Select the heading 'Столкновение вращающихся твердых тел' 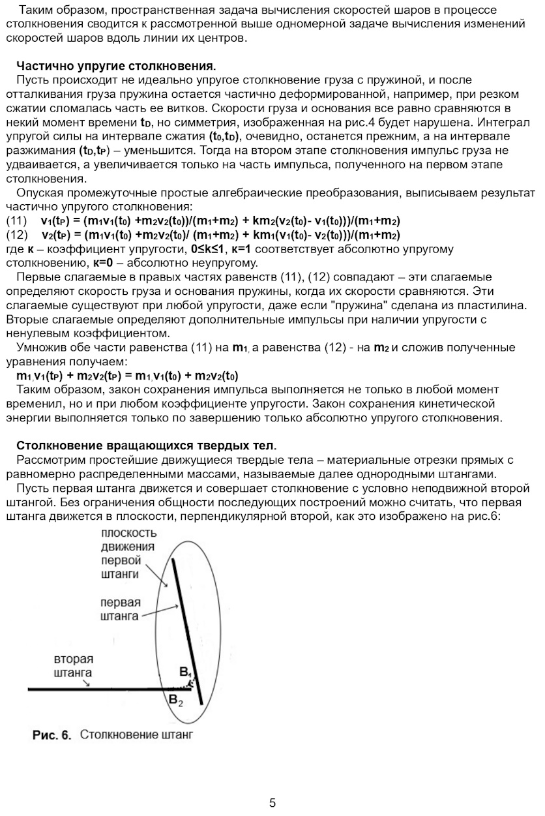pos(146,446)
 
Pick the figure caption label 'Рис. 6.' pos(52,735)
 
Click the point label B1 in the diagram pos(185,672)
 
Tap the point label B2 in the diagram pos(176,701)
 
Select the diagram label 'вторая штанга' pos(73,666)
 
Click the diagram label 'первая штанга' pos(121,609)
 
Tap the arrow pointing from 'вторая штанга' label pos(85,682)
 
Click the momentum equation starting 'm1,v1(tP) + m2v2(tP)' pos(127,376)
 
